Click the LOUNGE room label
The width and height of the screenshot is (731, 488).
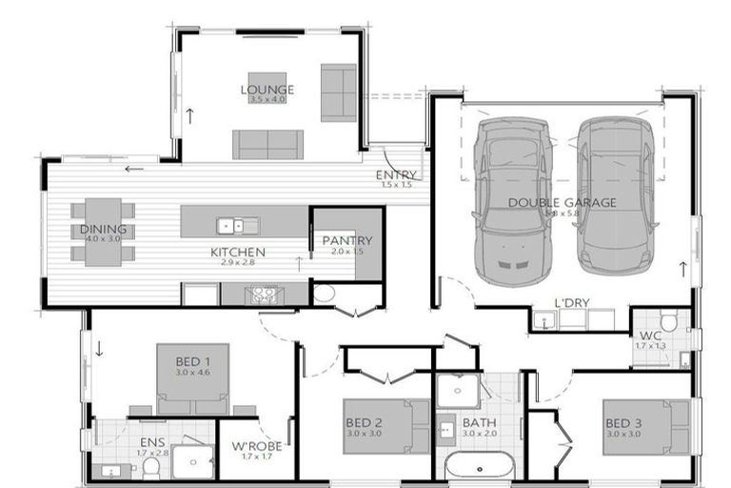pos(267,90)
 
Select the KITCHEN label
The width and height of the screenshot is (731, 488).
pos(238,253)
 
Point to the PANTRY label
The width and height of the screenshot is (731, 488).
pos(346,240)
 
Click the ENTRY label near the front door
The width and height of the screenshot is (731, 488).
pos(395,174)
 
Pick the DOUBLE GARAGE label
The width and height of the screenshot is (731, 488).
pos(562,202)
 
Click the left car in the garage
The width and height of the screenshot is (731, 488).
pos(512,200)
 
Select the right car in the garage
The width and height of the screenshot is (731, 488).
pos(617,195)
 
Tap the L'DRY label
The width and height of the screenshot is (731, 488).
pos(572,303)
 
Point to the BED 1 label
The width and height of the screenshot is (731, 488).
pos(193,361)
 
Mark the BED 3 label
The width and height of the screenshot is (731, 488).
pos(622,422)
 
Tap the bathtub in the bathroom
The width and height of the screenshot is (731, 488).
pos(480,467)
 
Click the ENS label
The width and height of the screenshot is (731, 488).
pos(152,442)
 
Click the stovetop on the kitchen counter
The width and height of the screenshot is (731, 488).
pos(264,295)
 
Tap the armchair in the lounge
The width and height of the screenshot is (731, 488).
pos(338,92)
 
